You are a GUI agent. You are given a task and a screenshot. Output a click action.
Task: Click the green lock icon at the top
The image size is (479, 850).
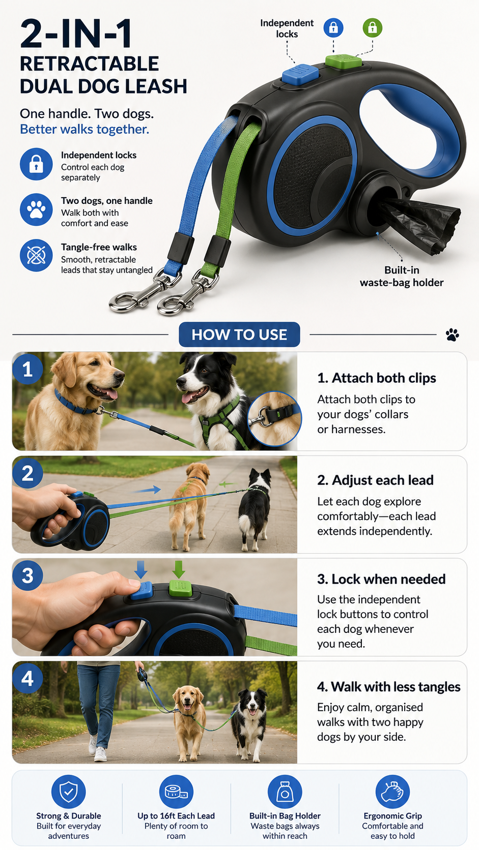coord(372,27)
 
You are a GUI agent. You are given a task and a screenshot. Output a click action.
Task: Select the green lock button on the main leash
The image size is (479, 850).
coord(344,62)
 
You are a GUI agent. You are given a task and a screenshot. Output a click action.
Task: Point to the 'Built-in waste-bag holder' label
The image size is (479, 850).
coord(402,276)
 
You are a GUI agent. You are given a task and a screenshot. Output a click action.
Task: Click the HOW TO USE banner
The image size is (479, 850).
coord(239,335)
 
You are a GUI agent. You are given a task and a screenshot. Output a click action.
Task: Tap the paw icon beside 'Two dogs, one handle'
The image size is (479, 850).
coord(36,209)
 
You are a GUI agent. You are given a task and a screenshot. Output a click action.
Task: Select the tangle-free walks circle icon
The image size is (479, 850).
coord(36,255)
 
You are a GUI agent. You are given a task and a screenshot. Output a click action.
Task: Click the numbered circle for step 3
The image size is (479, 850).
coord(27,575)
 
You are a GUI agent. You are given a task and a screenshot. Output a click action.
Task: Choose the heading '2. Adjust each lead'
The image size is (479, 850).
coord(375,480)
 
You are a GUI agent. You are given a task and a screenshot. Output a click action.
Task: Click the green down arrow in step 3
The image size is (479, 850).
coord(179,570)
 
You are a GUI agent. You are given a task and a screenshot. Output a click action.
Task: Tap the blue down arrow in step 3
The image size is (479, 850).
coord(140,570)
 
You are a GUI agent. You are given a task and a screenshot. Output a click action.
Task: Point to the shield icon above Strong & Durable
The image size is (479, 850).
coord(68,792)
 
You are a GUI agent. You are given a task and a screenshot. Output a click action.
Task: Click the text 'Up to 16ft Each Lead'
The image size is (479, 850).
coord(176,816)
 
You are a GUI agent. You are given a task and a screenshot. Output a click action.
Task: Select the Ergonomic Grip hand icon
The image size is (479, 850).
coord(392,792)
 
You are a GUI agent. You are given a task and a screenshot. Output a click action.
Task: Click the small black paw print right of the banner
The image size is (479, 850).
coord(452,335)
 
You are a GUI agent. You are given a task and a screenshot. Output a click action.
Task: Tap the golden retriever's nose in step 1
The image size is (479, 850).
coord(120,375)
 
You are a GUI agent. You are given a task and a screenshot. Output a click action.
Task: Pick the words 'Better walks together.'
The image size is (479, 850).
coord(84,129)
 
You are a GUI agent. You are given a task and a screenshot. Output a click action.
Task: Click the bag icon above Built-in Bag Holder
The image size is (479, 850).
coord(285,792)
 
